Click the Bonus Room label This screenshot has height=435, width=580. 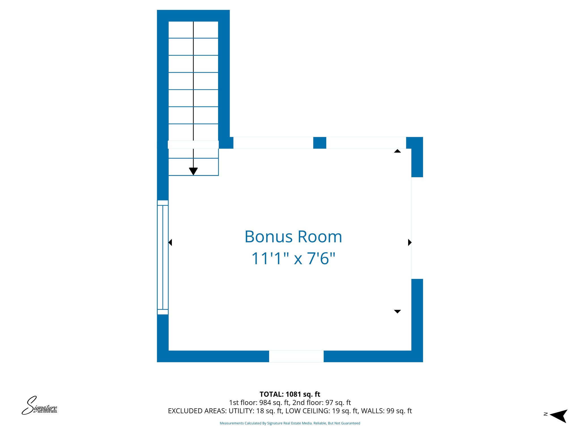click(x=293, y=237)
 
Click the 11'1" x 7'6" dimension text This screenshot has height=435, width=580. click(x=293, y=258)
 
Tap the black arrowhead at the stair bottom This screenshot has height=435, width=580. click(x=193, y=171)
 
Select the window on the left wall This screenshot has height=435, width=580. click(x=163, y=257)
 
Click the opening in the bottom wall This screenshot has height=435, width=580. click(x=296, y=356)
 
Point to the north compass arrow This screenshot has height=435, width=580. click(x=559, y=416)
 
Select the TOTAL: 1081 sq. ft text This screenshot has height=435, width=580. click(x=290, y=394)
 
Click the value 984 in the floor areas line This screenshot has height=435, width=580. click(x=265, y=402)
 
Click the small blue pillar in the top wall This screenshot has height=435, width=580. click(x=319, y=143)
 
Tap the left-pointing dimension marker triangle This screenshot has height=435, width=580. click(x=170, y=242)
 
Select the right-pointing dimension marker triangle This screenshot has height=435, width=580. click(x=410, y=242)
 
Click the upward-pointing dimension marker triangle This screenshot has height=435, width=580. click(x=397, y=151)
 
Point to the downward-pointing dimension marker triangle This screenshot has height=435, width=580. click(x=397, y=311)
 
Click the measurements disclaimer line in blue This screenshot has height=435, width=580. click(x=290, y=423)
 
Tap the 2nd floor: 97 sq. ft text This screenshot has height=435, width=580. click(x=321, y=402)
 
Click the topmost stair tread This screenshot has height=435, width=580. click(x=193, y=30)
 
